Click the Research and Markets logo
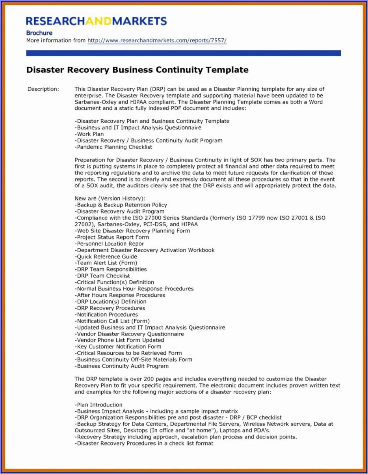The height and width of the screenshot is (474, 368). (x=96, y=21)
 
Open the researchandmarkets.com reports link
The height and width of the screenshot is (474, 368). (x=157, y=41)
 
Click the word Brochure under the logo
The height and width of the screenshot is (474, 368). (x=39, y=33)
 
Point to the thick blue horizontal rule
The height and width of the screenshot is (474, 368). (x=183, y=53)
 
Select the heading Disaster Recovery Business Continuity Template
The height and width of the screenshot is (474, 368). (x=137, y=70)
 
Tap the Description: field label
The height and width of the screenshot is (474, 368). (x=43, y=89)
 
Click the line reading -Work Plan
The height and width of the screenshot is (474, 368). (x=89, y=134)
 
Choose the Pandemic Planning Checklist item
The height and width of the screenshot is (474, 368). (x=113, y=147)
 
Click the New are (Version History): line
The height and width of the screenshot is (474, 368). (x=110, y=199)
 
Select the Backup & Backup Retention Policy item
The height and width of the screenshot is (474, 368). (x=121, y=205)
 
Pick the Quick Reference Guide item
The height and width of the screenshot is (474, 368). (x=106, y=257)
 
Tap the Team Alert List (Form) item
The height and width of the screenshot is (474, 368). (x=106, y=263)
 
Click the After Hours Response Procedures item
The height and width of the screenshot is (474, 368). (x=120, y=295)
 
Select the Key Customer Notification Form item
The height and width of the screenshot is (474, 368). (x=118, y=347)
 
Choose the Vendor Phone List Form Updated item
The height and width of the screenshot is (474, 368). (x=119, y=340)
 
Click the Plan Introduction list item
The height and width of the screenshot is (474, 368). (x=98, y=405)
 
